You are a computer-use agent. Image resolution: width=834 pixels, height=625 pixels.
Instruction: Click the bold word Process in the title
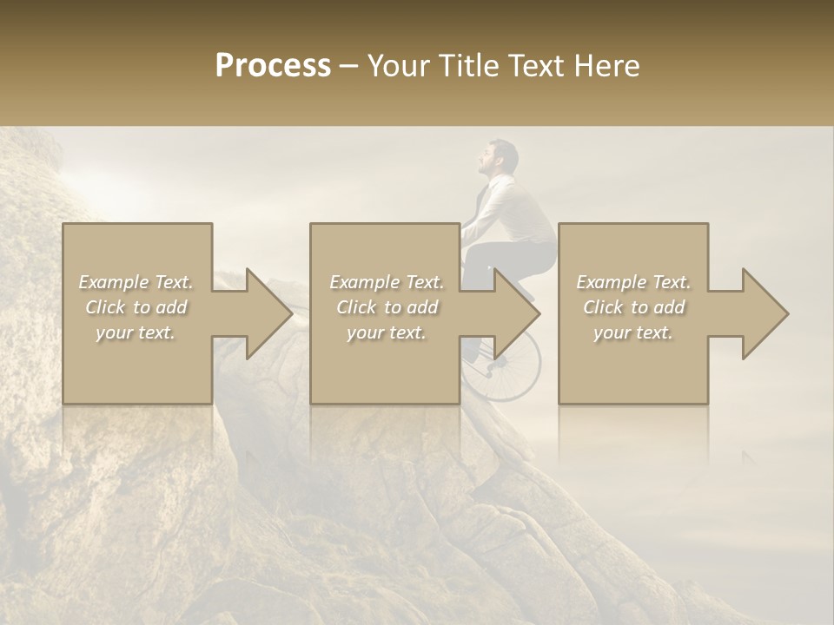click(273, 66)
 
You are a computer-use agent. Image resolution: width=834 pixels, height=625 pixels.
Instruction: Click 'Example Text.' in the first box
click(136, 282)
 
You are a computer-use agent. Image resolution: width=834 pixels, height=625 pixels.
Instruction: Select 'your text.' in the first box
click(136, 332)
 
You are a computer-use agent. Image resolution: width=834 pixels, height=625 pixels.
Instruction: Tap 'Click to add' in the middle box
click(387, 307)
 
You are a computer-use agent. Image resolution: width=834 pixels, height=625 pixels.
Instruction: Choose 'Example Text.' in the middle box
click(387, 282)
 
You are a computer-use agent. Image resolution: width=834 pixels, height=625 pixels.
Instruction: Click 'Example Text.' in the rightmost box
click(633, 282)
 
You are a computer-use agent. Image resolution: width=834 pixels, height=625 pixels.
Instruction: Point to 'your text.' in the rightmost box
click(633, 332)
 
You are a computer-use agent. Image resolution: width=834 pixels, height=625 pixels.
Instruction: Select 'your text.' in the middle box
click(387, 332)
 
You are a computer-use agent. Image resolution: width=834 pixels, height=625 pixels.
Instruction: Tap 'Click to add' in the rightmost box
click(633, 307)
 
